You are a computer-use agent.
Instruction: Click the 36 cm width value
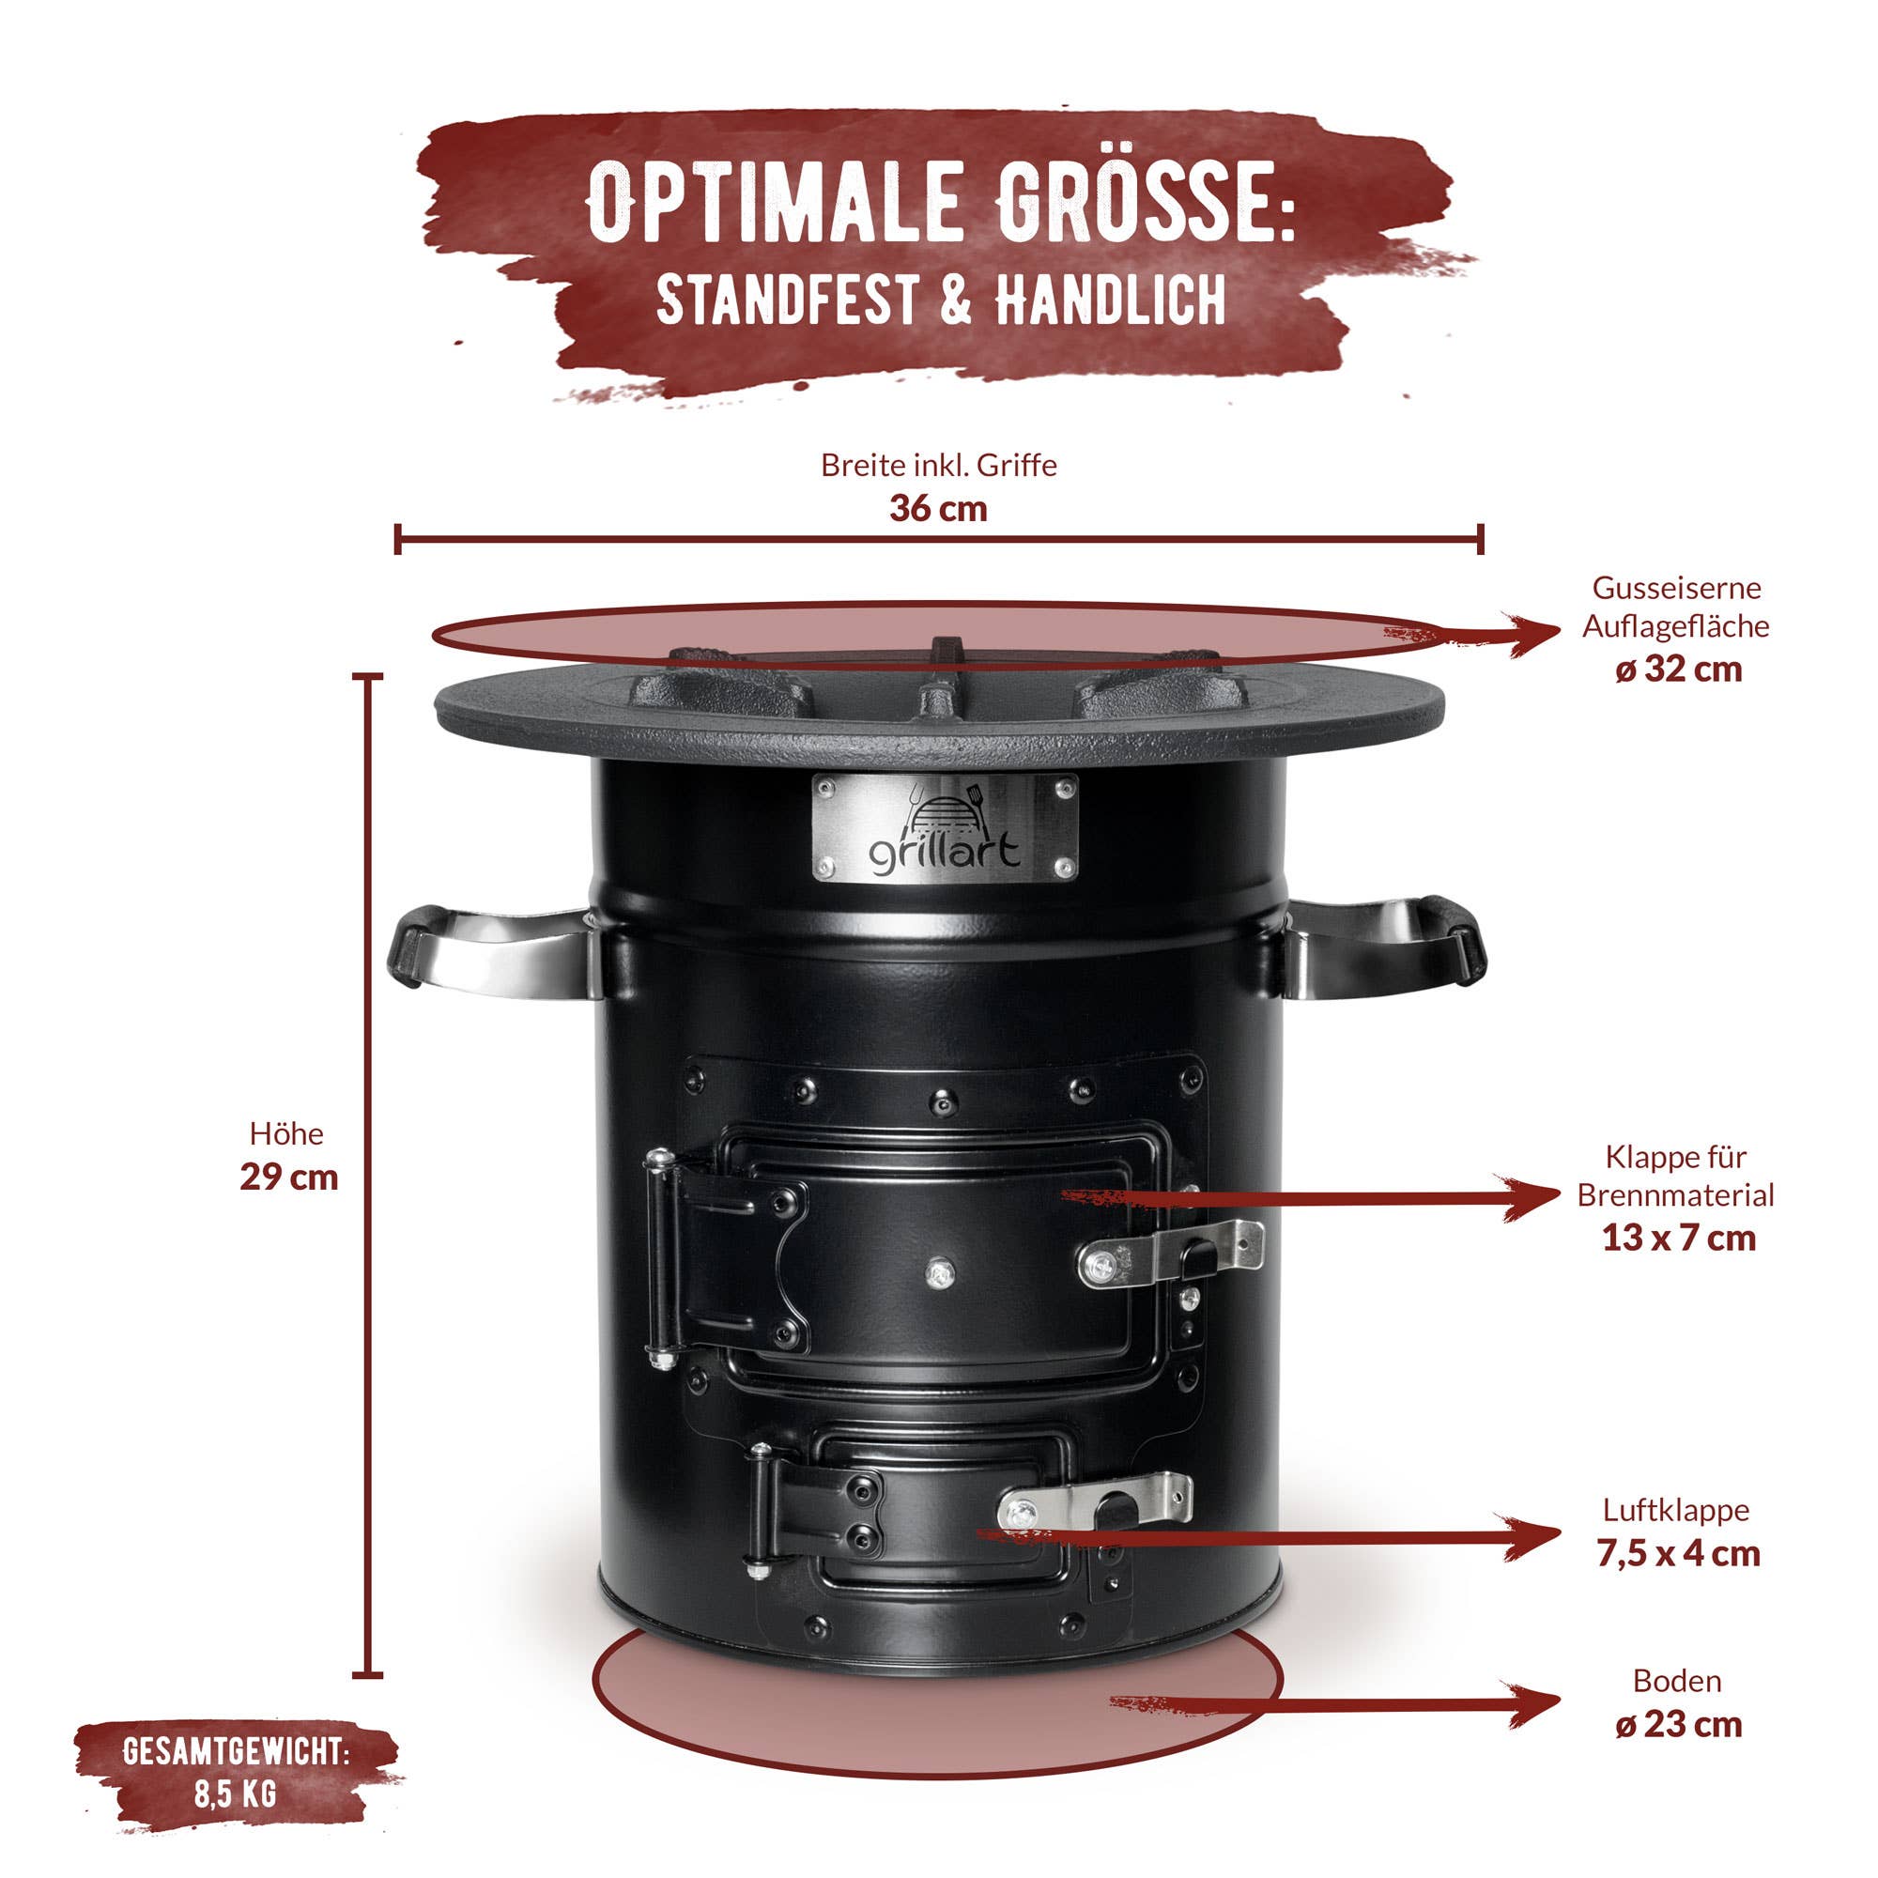(x=938, y=508)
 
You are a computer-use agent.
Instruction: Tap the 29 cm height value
(x=288, y=1178)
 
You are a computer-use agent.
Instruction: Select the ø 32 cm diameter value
(x=1679, y=670)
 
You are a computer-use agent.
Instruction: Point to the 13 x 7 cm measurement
(x=1679, y=1238)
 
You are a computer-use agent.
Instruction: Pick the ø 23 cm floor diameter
(x=1679, y=1724)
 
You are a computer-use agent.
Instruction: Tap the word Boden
(x=1677, y=1681)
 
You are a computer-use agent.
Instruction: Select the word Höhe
(x=286, y=1133)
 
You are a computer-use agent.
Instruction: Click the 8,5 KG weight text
(x=237, y=1794)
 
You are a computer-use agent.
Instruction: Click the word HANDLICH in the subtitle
(x=1109, y=300)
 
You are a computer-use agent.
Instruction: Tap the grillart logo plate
(x=945, y=828)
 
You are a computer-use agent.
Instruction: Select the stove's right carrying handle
(x=1386, y=947)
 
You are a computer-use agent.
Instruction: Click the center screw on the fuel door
(x=940, y=1271)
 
